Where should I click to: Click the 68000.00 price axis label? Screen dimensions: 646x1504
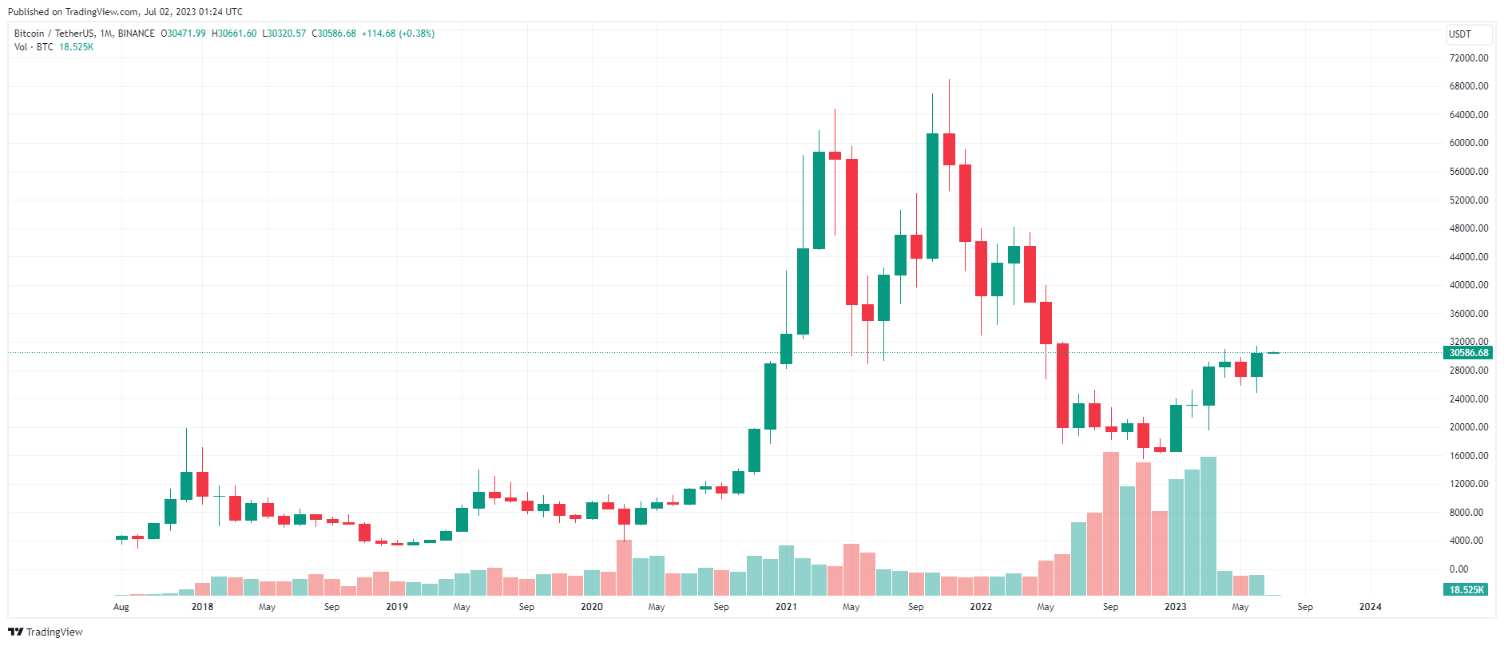1468,86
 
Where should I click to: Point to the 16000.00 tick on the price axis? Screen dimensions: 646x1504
1468,456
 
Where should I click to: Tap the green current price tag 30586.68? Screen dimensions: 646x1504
1468,353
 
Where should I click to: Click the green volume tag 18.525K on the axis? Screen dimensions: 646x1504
1466,590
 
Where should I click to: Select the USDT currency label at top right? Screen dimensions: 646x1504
1460,34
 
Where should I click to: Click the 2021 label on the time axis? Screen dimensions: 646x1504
786,607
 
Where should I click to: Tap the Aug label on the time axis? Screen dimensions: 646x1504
121,607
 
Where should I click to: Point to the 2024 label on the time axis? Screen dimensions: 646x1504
1370,607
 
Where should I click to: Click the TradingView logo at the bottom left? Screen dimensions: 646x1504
46,632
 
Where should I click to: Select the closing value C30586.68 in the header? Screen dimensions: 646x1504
334,34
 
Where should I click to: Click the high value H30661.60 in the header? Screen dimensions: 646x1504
234,34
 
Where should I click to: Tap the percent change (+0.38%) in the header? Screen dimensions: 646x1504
416,34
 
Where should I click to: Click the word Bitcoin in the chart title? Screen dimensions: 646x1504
30,34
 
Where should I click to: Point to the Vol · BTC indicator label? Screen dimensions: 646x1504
34,47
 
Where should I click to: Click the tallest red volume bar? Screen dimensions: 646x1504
1110,523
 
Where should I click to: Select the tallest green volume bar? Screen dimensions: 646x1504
1208,525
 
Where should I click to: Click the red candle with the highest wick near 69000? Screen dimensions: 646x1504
949,149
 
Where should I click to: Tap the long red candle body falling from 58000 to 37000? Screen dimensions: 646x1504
851,232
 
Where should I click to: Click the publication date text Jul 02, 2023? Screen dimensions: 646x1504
172,12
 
